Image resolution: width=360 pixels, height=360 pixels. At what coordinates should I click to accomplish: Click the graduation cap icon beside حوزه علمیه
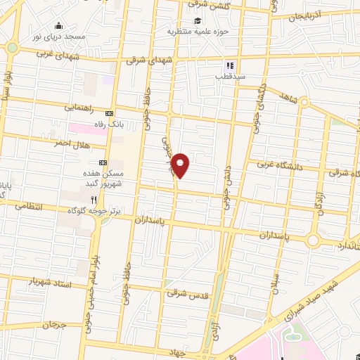(x=200, y=20)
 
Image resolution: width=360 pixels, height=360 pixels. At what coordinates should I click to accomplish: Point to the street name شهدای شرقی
(x=148, y=61)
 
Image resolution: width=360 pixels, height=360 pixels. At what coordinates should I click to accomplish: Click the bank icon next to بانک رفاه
(x=109, y=112)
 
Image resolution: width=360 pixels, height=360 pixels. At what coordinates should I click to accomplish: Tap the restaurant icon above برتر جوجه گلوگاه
(x=103, y=198)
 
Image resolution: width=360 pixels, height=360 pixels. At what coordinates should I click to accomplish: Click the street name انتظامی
(x=28, y=207)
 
